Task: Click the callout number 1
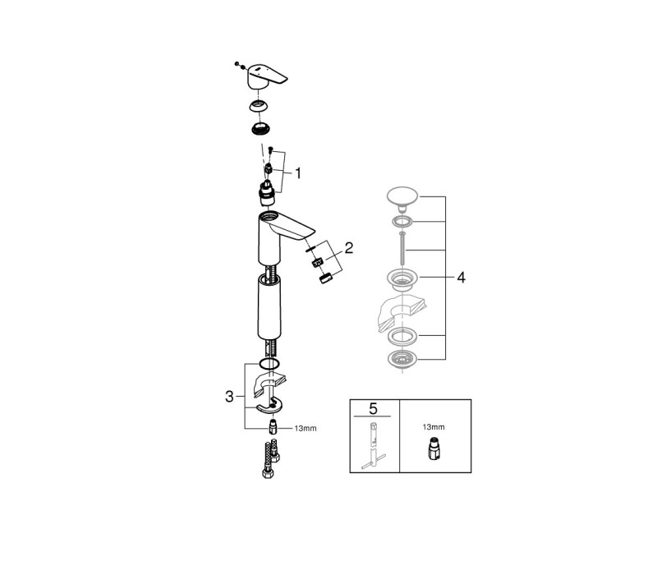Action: [x=298, y=172]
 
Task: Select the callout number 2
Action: [x=348, y=248]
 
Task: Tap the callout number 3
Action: [x=229, y=396]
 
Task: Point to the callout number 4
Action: [x=461, y=277]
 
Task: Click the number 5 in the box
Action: [x=373, y=408]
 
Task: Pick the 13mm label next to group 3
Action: [x=306, y=428]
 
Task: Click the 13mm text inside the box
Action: [x=434, y=427]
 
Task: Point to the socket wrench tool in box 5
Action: [x=373, y=446]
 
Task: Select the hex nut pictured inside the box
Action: [x=434, y=449]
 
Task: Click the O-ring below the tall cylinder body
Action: [x=270, y=364]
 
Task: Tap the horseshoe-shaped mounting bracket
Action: [x=269, y=406]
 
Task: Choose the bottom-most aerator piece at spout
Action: [x=325, y=278]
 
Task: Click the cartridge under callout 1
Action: [x=266, y=194]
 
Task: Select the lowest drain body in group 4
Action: [x=402, y=359]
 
